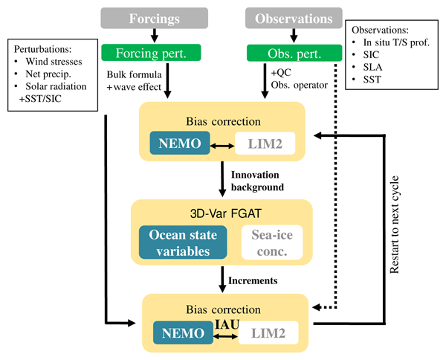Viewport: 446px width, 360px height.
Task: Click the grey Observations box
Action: [x=294, y=19]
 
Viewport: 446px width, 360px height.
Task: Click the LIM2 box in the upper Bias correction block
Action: [x=265, y=144]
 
